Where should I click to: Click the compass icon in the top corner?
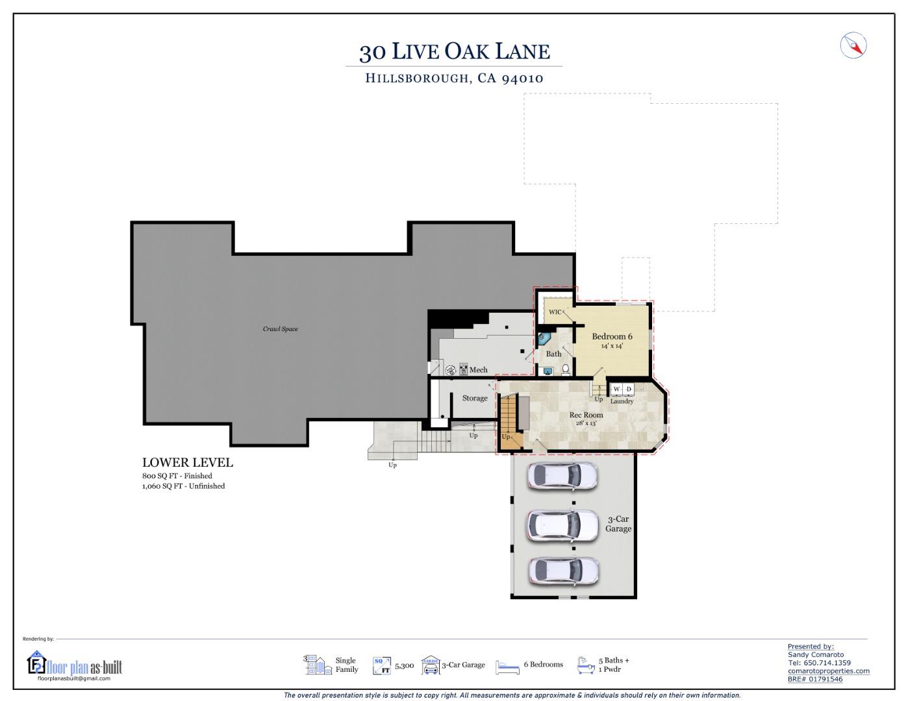tap(853, 45)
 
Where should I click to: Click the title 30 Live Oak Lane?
tap(454, 51)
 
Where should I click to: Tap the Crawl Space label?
tap(280, 329)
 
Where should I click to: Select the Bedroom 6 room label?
tap(612, 336)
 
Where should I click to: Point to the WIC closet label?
tap(555, 312)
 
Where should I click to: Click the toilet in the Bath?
tap(565, 370)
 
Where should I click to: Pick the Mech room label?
tap(478, 370)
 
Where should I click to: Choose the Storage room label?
tap(475, 399)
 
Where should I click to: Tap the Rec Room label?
tap(586, 415)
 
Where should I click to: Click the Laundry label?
tap(622, 401)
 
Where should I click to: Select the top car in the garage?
tap(562, 476)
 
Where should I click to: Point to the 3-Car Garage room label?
tap(618, 524)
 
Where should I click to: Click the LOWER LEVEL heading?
tap(187, 463)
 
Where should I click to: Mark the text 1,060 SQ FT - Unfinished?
tap(183, 486)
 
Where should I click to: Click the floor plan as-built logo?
tap(74, 665)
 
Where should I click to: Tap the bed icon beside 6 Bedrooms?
tap(507, 666)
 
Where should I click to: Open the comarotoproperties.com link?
tap(828, 671)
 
